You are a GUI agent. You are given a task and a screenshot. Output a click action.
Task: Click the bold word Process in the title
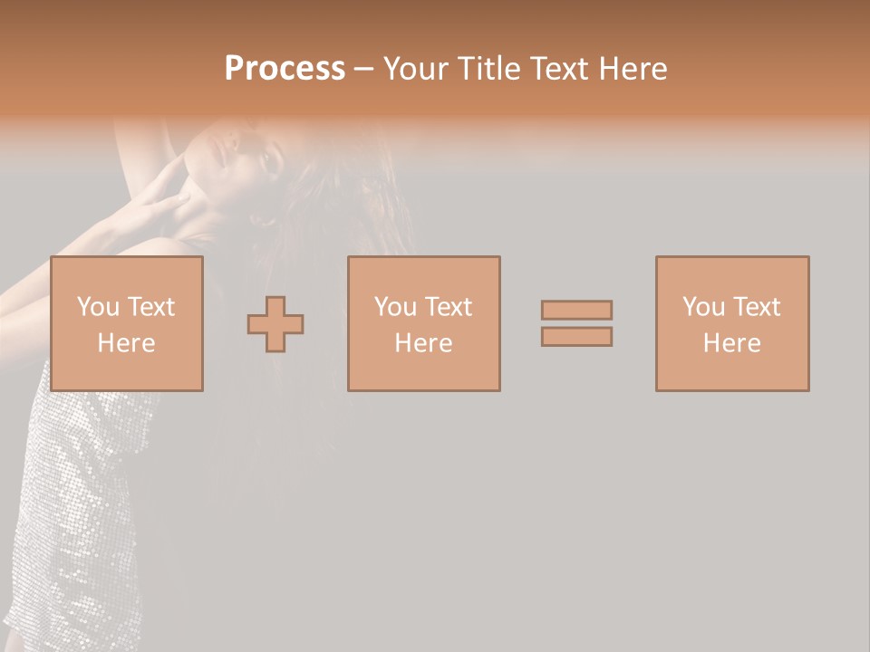[x=285, y=69]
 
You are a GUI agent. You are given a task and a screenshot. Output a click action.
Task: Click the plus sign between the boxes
[x=275, y=324]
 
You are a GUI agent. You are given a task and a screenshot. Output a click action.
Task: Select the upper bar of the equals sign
[x=576, y=310]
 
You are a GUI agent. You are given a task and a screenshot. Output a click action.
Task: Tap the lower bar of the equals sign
[x=576, y=337]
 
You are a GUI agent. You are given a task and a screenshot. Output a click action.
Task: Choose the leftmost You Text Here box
[x=127, y=323]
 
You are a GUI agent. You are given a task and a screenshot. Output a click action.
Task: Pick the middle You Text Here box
[x=424, y=323]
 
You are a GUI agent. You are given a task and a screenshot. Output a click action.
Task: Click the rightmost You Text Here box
[x=732, y=323]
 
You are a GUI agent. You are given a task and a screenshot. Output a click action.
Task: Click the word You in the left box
[x=98, y=307]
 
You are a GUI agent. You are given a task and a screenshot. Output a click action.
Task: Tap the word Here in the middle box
[x=424, y=343]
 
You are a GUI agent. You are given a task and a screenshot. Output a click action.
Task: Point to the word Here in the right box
[x=732, y=343]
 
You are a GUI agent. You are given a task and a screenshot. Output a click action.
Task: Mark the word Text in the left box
[x=150, y=307]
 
